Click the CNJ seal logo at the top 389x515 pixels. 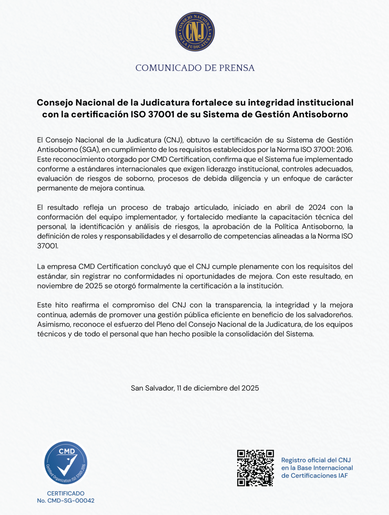tap(195, 32)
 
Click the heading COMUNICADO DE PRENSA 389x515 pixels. tap(195, 68)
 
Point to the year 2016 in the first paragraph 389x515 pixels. tap(344, 150)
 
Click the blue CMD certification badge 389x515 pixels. tap(66, 463)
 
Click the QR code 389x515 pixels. tap(255, 468)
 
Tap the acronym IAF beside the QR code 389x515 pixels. tap(341, 475)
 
